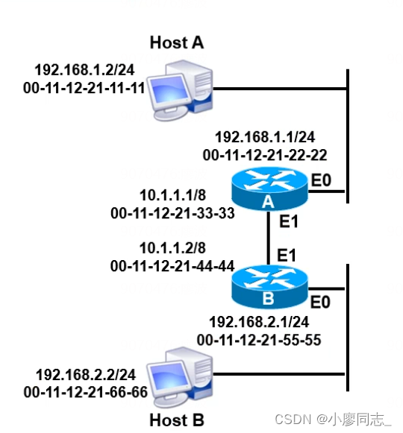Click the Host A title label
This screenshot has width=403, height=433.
(177, 42)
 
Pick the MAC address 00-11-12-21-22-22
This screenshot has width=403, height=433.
(265, 155)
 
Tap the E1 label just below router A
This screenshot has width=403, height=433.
(287, 222)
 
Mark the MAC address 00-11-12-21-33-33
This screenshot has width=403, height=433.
(172, 213)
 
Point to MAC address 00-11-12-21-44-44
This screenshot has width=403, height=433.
(172, 265)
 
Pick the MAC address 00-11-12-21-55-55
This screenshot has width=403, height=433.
(259, 340)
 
